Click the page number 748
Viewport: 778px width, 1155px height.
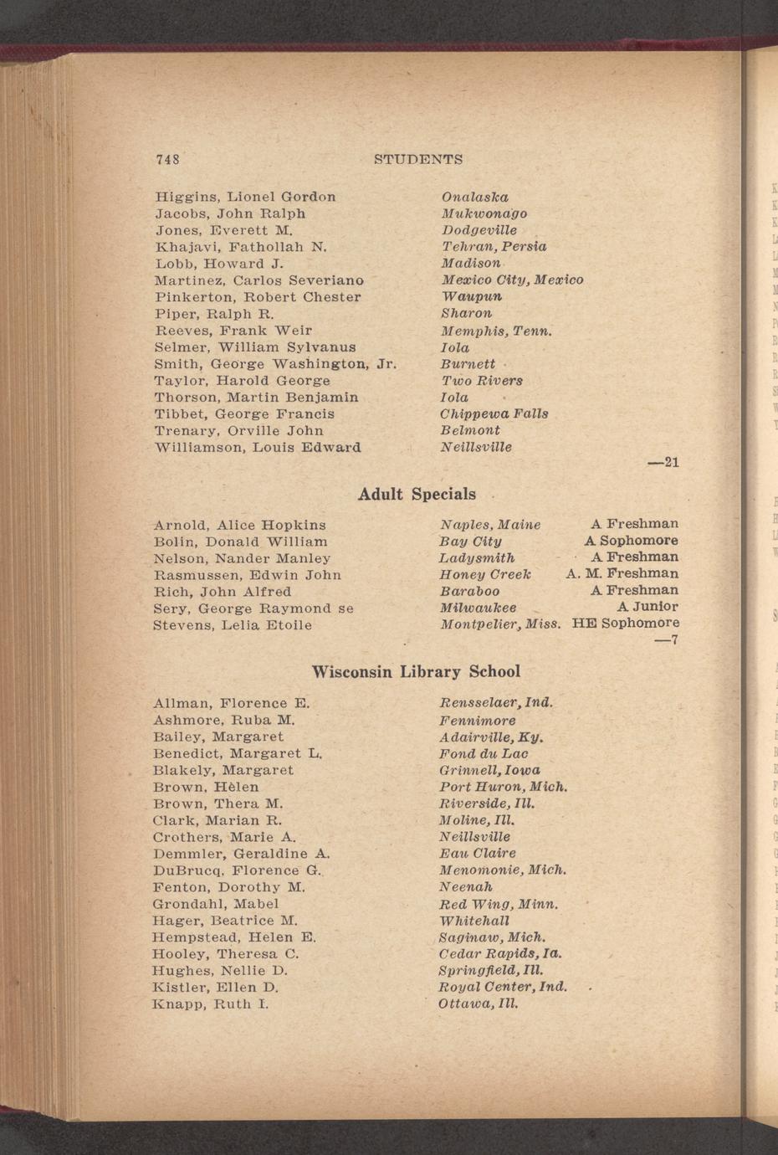[x=167, y=159]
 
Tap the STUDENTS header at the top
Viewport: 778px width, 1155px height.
[x=417, y=159]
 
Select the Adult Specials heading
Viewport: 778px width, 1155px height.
[x=417, y=495]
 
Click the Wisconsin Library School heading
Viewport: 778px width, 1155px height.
[x=416, y=672]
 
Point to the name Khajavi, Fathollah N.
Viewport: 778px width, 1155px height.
[x=240, y=247]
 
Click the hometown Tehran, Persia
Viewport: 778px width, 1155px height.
[x=494, y=247]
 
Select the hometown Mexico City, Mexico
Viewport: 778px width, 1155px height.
[x=512, y=280]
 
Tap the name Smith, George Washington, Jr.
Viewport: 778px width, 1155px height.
[x=274, y=364]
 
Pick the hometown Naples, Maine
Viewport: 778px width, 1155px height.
[x=490, y=525]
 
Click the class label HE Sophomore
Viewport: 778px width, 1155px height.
[x=625, y=624]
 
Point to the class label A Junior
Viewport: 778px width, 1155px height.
[x=647, y=607]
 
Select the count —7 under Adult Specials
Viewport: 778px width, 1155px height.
[x=666, y=641]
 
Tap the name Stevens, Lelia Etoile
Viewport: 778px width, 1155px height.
[x=233, y=625]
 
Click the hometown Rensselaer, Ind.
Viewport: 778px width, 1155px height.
[x=496, y=703]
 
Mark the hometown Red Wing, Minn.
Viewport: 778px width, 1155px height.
[x=499, y=904]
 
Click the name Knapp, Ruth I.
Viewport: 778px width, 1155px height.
[x=211, y=1004]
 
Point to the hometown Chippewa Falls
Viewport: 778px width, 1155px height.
[x=494, y=413]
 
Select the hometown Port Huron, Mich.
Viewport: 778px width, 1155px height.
[x=504, y=787]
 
